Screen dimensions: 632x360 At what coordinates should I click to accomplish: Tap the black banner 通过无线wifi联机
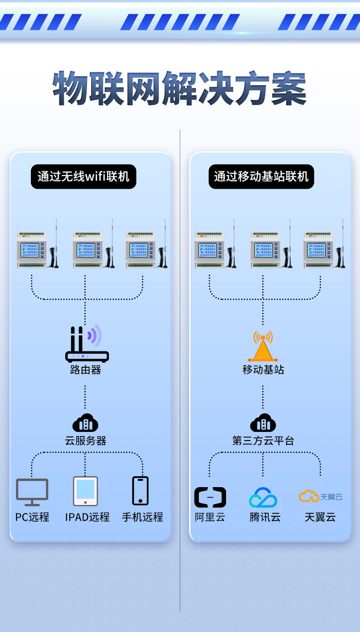[83, 176]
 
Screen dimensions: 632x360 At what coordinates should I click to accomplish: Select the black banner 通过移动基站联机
[261, 176]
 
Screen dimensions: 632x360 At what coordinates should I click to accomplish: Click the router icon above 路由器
[86, 344]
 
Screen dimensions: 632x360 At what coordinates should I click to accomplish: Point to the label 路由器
[85, 370]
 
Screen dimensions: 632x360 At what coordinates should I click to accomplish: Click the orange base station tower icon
[263, 346]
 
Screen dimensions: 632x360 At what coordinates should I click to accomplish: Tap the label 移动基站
[263, 370]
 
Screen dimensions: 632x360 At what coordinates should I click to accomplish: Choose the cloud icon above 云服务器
[85, 423]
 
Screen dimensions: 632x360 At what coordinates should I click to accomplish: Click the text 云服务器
[85, 441]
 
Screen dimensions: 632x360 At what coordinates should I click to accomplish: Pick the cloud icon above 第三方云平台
[263, 423]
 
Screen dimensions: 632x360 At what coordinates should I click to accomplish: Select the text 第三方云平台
[263, 441]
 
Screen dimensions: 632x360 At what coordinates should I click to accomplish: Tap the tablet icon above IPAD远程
[85, 491]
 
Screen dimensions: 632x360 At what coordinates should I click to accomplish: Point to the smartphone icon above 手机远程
[140, 491]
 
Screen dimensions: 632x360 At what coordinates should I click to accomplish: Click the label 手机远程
[142, 517]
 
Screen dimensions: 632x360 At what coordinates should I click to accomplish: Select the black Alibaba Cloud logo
[210, 497]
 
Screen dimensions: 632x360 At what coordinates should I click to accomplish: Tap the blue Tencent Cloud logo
[263, 497]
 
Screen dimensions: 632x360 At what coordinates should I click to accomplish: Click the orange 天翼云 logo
[320, 496]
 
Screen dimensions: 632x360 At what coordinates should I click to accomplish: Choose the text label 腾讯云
[265, 517]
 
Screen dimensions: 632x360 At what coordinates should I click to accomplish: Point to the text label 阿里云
[210, 517]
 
